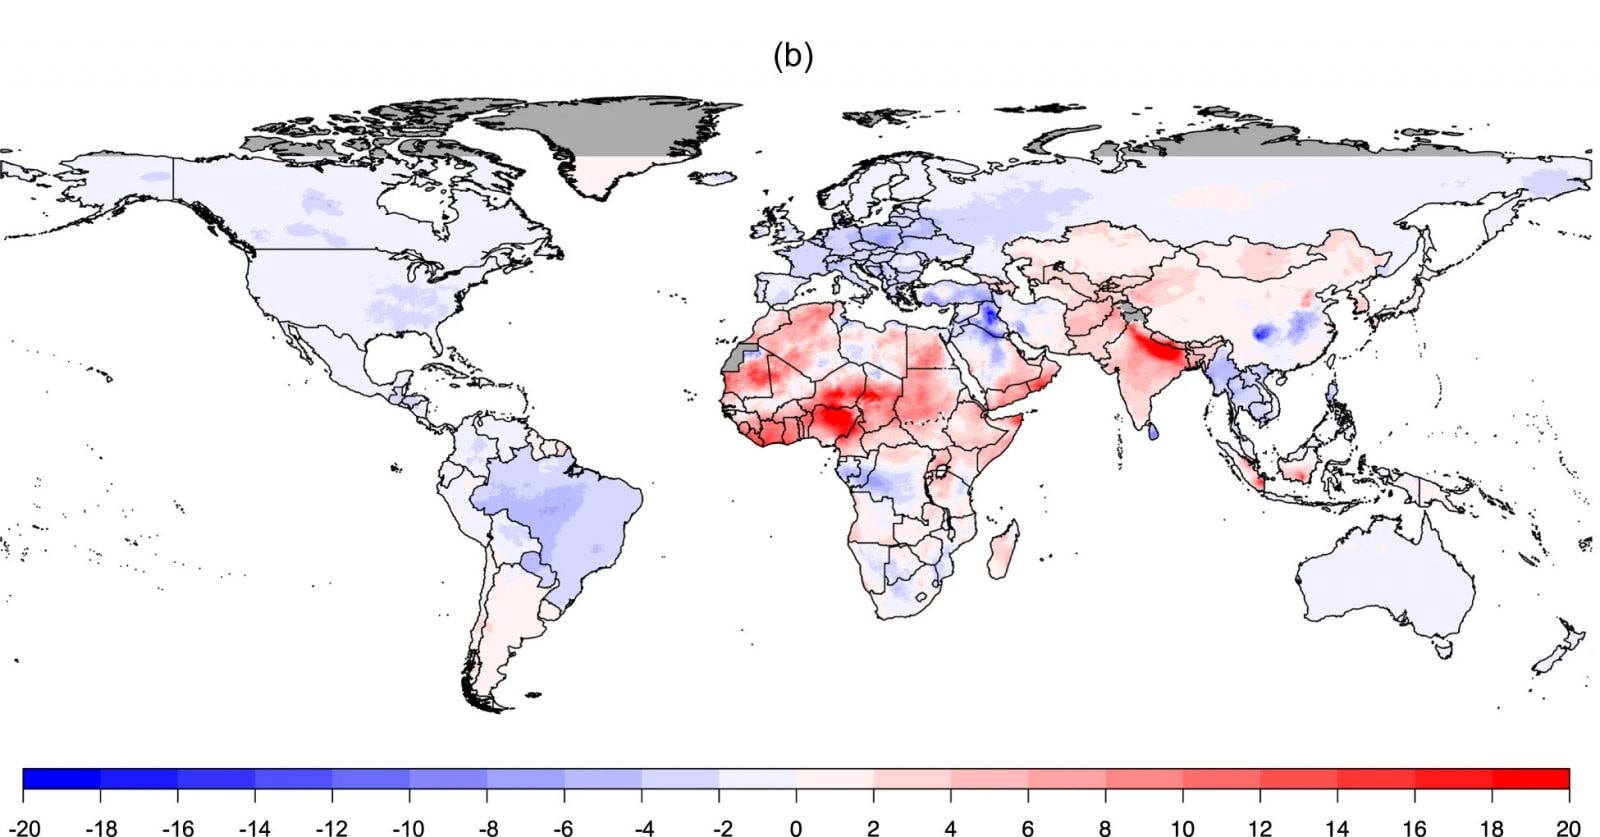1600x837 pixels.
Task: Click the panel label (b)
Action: [x=793, y=56]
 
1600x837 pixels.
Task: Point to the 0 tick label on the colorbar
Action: [x=796, y=827]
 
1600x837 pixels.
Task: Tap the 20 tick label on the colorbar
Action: [x=1568, y=827]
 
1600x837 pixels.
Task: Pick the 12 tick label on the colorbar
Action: [x=1259, y=827]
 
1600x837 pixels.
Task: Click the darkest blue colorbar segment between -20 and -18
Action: [x=61, y=779]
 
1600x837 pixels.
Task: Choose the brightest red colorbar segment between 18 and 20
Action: [x=1530, y=779]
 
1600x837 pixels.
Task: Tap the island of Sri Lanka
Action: [x=1153, y=432]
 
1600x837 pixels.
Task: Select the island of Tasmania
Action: [x=1443, y=648]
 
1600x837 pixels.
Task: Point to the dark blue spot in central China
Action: [x=1263, y=331]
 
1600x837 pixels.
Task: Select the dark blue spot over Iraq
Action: [x=988, y=317]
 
